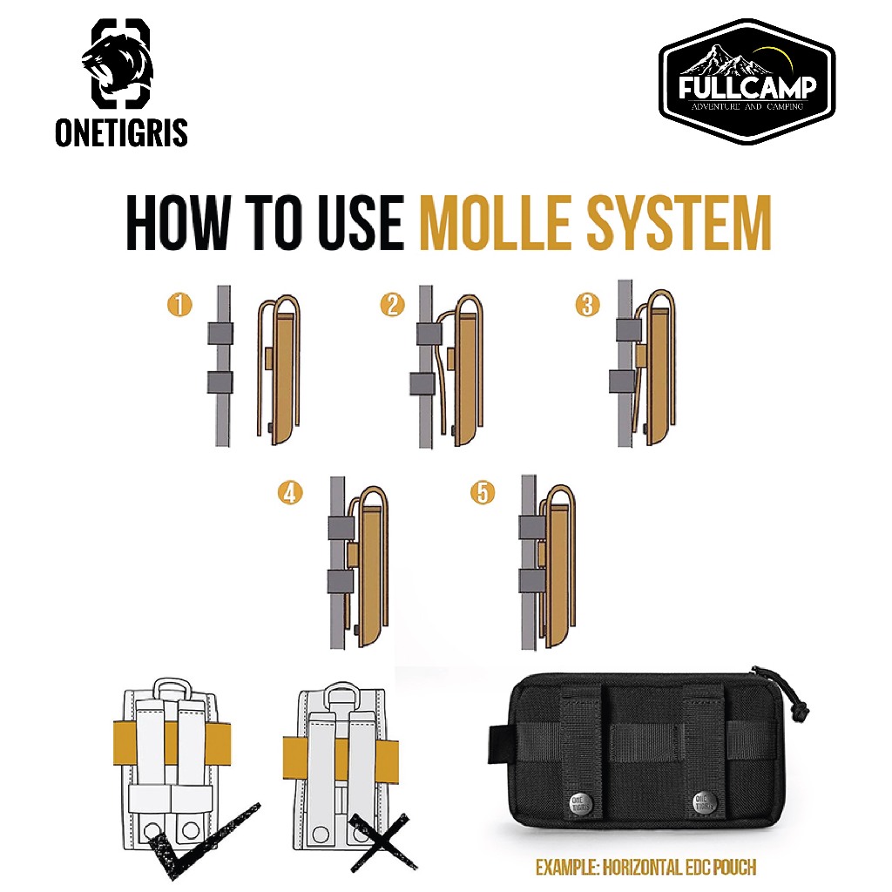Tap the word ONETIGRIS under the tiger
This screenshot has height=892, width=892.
121,132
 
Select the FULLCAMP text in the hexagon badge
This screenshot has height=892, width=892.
747,87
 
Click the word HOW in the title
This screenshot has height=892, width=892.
179,222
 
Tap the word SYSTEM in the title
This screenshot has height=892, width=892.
679,222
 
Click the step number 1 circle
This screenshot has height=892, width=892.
179,304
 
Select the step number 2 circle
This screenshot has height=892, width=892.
392,304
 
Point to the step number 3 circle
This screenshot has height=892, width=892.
588,304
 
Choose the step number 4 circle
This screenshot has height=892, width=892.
290,493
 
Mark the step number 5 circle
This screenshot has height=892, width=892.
483,493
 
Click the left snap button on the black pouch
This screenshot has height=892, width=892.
580,803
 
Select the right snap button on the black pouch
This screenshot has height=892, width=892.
704,802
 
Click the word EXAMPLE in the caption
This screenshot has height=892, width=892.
567,867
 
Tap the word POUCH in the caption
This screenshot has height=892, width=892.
734,867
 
